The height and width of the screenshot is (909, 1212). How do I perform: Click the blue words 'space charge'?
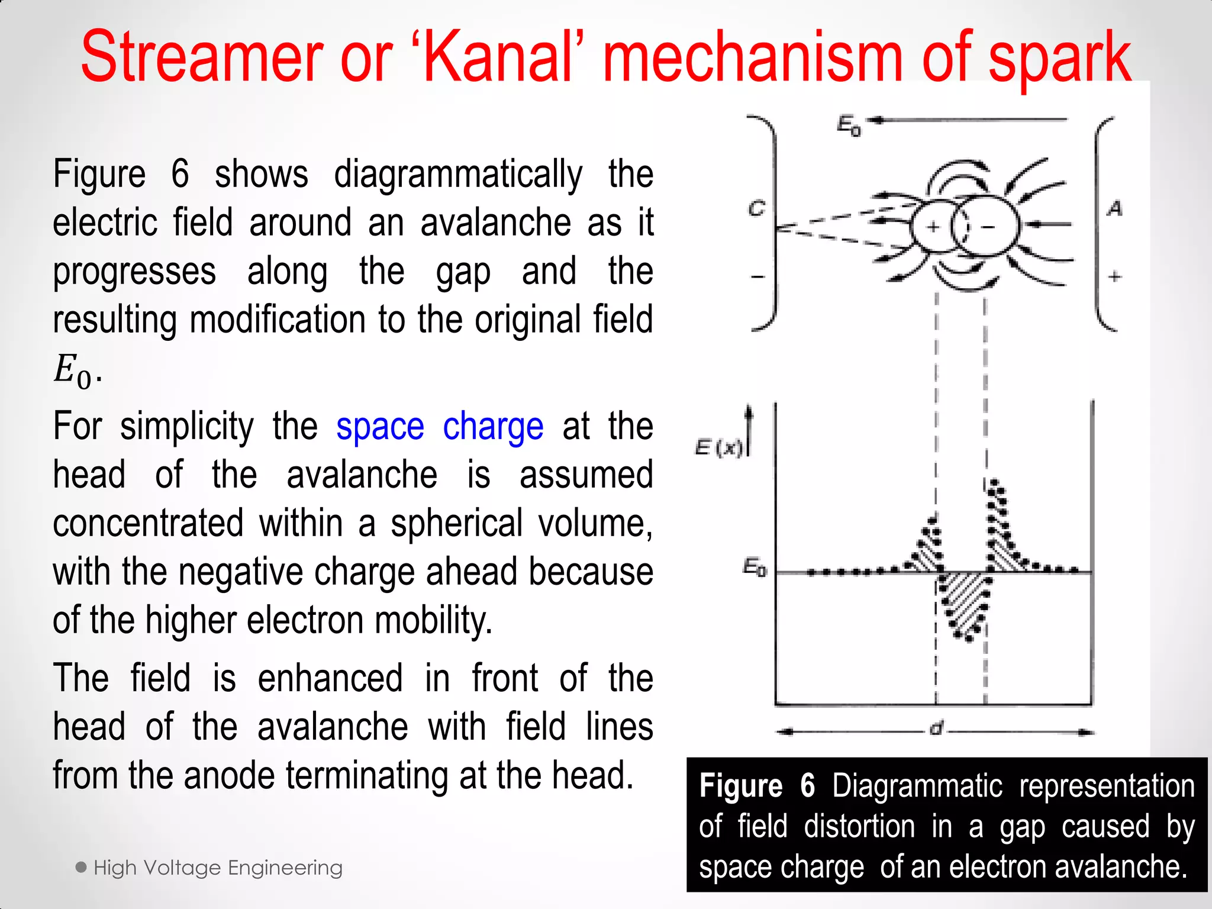click(x=439, y=427)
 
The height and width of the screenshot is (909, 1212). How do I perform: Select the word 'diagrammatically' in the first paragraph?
click(x=458, y=175)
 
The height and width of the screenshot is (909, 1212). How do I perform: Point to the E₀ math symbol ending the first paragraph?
click(x=75, y=371)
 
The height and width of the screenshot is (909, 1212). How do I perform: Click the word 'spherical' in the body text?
click(x=456, y=524)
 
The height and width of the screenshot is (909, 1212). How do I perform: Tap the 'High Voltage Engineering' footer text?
click(x=218, y=868)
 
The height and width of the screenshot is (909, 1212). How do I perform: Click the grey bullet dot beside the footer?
click(x=82, y=868)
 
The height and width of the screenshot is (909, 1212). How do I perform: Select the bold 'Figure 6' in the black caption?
click(x=757, y=786)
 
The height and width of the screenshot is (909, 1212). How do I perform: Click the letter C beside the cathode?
click(x=757, y=209)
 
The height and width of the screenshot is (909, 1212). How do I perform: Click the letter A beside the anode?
click(x=1115, y=208)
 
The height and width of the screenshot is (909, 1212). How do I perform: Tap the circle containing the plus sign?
click(x=933, y=226)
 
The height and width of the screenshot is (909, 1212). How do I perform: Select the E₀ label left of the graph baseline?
click(x=755, y=568)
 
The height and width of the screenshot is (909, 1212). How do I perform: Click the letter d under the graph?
click(x=936, y=729)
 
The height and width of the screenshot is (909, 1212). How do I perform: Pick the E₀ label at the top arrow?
click(x=849, y=125)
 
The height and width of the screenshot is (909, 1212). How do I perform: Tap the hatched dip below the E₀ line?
click(x=962, y=604)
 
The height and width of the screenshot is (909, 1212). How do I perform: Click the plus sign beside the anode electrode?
click(x=1115, y=276)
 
